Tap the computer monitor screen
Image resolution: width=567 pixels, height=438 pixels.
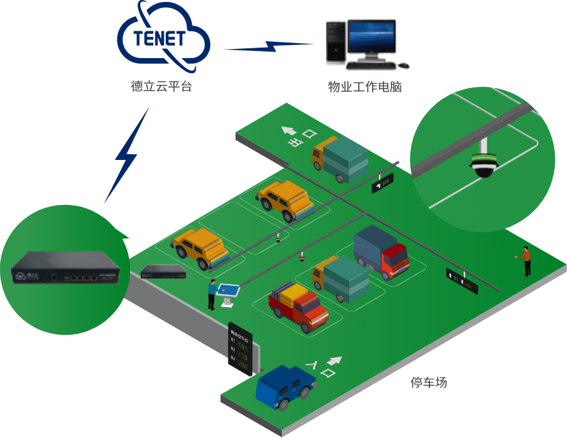371,37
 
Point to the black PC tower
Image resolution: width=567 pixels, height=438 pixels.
335,43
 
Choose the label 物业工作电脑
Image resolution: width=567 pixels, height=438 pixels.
365,87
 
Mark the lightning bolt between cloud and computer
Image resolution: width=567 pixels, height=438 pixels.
268,47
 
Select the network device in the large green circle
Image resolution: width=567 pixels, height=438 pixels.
63,268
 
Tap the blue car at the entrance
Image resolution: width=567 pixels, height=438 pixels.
284,386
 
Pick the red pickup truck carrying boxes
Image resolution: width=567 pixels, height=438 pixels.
299,305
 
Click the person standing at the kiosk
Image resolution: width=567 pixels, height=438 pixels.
212,294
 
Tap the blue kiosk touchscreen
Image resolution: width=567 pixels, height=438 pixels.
228,287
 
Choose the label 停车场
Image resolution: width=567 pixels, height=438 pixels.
429,383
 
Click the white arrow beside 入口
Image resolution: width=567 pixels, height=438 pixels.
335,360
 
